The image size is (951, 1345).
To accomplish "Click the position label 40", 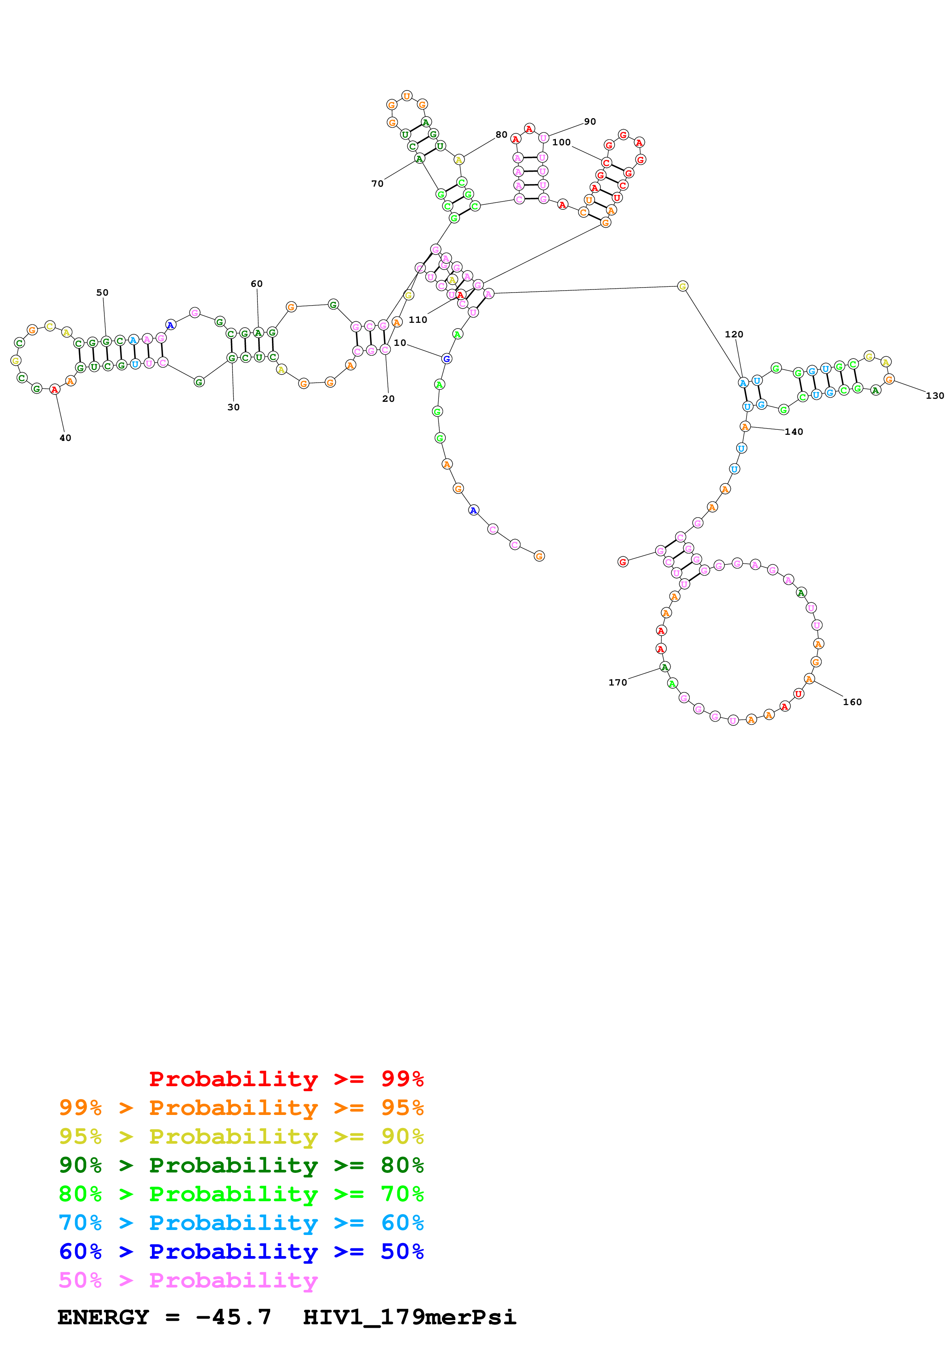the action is click(65, 437).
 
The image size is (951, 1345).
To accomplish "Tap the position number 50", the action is click(102, 292).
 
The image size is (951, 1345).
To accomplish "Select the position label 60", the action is click(257, 283).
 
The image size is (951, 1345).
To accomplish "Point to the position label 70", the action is click(377, 183).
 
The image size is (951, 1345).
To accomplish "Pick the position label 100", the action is click(561, 142).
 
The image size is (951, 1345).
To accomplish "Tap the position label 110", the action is click(418, 319).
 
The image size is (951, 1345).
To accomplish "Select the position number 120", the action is click(733, 334).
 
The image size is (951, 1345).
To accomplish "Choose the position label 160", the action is click(852, 702).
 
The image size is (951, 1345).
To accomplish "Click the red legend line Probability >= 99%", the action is click(286, 1079).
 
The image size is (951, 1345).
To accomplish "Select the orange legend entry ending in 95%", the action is click(241, 1108).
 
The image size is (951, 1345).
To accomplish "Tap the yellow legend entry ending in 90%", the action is click(241, 1136).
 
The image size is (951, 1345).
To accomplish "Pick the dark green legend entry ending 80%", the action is click(241, 1165).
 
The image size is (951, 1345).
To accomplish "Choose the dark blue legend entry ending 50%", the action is click(241, 1251).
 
